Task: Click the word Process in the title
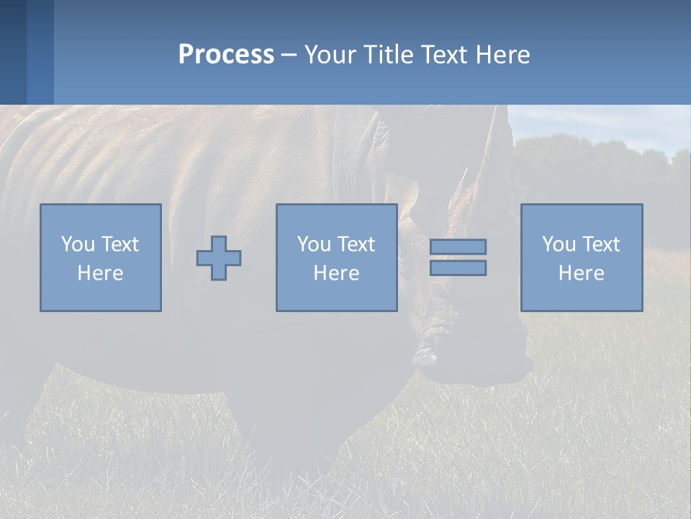pyautogui.click(x=226, y=55)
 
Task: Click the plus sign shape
pyautogui.click(x=219, y=258)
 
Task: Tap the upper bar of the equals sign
pyautogui.click(x=458, y=247)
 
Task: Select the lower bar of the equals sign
pyautogui.click(x=458, y=268)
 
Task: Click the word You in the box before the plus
pyautogui.click(x=77, y=244)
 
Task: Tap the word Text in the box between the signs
pyautogui.click(x=356, y=244)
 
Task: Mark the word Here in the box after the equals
pyautogui.click(x=581, y=273)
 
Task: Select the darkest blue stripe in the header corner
pyautogui.click(x=13, y=52)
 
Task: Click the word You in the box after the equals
pyautogui.click(x=559, y=244)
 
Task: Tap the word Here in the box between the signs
pyautogui.click(x=336, y=273)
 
